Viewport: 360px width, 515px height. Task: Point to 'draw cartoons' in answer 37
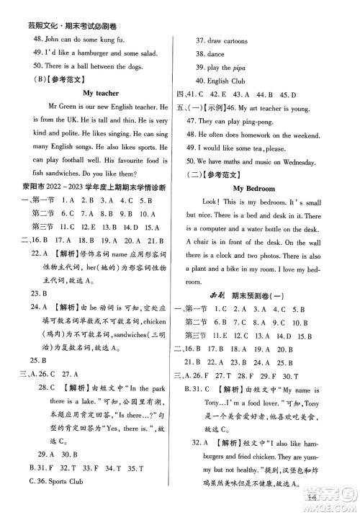[230, 40]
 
